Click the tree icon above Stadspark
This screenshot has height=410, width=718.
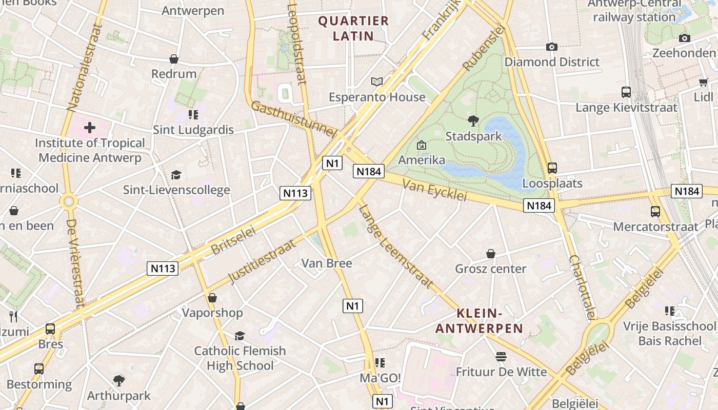[473, 121]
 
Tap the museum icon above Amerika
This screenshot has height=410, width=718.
[422, 145]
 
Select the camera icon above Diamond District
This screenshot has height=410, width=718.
[551, 47]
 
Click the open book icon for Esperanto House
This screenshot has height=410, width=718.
[377, 81]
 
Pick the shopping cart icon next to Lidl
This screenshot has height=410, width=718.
[703, 82]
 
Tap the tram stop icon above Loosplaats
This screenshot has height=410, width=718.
[552, 168]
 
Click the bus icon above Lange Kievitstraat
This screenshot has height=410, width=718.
[626, 92]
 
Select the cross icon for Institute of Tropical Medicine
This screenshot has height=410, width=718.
[90, 127]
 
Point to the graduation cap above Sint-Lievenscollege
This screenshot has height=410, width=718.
[176, 175]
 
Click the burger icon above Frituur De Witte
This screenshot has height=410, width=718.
[501, 357]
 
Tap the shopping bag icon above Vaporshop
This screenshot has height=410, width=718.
[212, 298]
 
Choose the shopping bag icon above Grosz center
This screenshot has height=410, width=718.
[490, 254]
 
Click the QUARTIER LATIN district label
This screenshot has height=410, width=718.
[353, 28]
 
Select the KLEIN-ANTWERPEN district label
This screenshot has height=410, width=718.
[478, 321]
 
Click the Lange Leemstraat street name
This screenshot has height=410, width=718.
[396, 246]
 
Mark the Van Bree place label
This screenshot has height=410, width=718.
[326, 263]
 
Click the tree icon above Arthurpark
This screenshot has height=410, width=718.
[118, 380]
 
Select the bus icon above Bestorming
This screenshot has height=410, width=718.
[39, 368]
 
